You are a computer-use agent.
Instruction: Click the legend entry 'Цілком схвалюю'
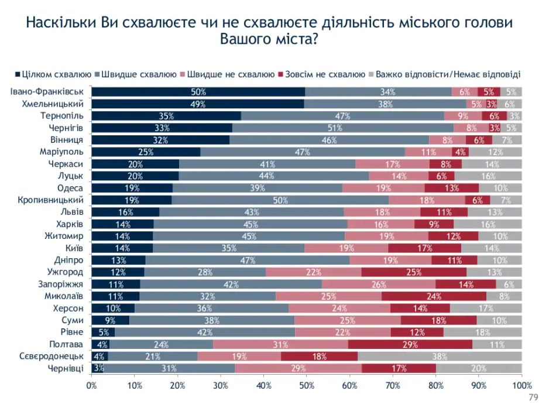pos(53,74)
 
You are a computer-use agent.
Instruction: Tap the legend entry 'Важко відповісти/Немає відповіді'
pos(448,74)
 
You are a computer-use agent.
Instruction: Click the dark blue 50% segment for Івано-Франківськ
pos(198,91)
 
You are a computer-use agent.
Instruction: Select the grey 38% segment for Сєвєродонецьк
pos(440,356)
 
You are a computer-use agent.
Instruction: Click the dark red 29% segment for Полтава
pos(410,344)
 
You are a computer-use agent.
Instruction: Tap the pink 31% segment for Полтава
pos(280,344)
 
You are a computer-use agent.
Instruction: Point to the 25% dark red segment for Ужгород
pos(414,272)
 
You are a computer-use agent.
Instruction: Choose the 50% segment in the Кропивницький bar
pos(280,200)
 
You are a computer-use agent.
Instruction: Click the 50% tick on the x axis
pos(307,386)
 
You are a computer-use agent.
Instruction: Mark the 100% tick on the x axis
pos(520,386)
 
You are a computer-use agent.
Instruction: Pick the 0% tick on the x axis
pos(92,386)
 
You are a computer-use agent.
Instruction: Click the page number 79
pos(533,397)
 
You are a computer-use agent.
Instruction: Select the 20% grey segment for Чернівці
pos(479,368)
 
